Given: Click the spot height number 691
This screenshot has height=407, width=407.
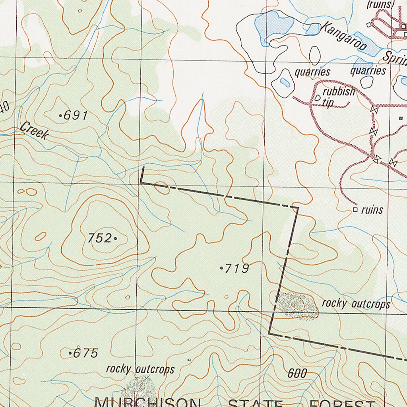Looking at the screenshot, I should (76, 116).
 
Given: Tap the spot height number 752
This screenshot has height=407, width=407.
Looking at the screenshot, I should (99, 238).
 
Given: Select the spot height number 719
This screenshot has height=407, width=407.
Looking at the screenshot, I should (237, 269).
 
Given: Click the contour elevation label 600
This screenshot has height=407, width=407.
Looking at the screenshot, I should (297, 373).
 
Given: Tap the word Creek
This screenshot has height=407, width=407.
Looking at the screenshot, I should (35, 131).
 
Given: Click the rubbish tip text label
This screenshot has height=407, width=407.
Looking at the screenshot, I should (338, 97).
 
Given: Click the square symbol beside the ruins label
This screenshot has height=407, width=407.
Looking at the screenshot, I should (355, 209).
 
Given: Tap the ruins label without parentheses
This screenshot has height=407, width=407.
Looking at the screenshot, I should (372, 209).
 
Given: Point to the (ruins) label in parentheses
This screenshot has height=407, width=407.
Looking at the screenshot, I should (380, 4).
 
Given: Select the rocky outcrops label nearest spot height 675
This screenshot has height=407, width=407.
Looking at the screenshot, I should (140, 369).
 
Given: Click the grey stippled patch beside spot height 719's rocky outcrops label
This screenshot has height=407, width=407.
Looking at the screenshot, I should (297, 305).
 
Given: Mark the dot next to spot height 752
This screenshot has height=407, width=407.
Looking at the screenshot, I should (115, 238).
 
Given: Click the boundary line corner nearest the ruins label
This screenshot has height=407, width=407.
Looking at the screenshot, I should (297, 207).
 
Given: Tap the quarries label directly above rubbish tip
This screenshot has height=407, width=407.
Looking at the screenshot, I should (312, 72).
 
